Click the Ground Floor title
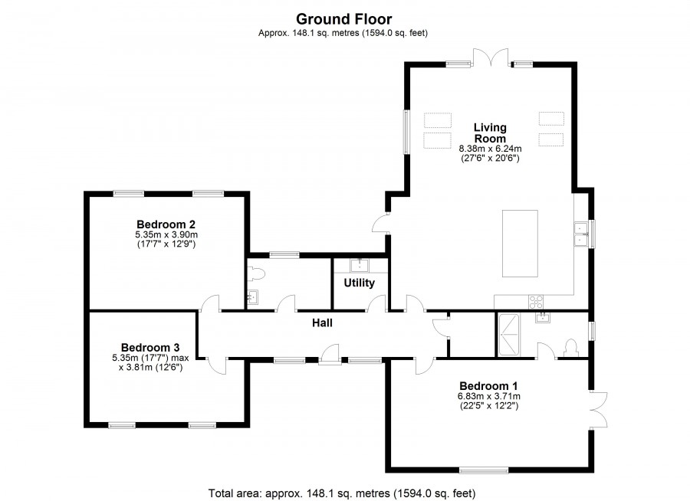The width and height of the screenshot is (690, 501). click(x=343, y=19)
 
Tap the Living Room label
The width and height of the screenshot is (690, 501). click(x=490, y=133)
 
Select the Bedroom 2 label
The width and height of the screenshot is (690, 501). click(x=166, y=224)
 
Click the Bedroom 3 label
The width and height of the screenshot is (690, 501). click(x=150, y=348)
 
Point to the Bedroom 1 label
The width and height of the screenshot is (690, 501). click(x=488, y=386)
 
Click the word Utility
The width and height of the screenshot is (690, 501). click(x=359, y=283)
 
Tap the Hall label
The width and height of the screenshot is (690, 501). click(x=322, y=323)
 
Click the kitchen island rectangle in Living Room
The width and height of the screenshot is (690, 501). click(x=520, y=244)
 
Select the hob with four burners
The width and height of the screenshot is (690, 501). click(x=536, y=302)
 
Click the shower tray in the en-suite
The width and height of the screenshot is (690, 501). click(x=508, y=335)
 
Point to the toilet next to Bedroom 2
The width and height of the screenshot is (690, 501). click(x=256, y=274)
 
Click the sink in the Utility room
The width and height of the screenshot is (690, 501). click(x=360, y=266)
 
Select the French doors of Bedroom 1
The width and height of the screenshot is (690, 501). click(x=599, y=410)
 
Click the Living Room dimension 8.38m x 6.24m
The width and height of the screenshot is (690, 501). click(x=490, y=149)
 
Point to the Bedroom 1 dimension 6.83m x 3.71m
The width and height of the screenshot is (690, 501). click(x=488, y=396)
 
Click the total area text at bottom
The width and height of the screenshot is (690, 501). click(x=342, y=493)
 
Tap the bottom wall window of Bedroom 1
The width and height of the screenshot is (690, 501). click(x=484, y=470)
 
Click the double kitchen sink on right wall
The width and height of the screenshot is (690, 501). click(x=582, y=234)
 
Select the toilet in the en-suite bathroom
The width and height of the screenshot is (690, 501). click(x=570, y=348)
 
